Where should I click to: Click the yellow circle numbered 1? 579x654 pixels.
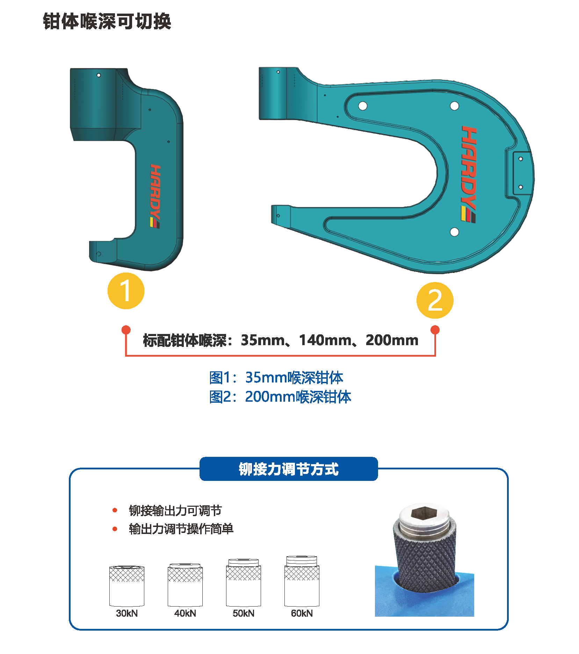pyautogui.click(x=126, y=291)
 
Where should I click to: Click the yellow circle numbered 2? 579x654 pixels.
pyautogui.click(x=435, y=300)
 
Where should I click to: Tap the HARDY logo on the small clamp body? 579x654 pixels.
pyautogui.click(x=155, y=196)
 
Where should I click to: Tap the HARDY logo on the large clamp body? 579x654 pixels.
pyautogui.click(x=469, y=174)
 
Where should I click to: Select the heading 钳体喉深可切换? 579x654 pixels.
pyautogui.click(x=107, y=21)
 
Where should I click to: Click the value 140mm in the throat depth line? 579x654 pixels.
pyautogui.click(x=325, y=340)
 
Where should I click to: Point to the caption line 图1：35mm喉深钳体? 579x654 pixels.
pyautogui.click(x=276, y=378)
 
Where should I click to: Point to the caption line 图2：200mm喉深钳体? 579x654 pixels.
pyautogui.click(x=280, y=397)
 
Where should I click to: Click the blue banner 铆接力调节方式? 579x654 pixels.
pyautogui.click(x=289, y=469)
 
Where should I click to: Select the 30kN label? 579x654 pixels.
pyautogui.click(x=127, y=613)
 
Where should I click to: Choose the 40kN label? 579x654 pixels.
pyautogui.click(x=185, y=613)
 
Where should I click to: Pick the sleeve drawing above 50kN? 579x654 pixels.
pyautogui.click(x=244, y=582)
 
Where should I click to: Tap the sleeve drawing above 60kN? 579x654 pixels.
pyautogui.click(x=302, y=581)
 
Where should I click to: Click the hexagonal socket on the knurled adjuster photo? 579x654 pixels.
pyautogui.click(x=423, y=513)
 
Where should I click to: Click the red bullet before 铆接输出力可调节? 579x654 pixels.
pyautogui.click(x=115, y=510)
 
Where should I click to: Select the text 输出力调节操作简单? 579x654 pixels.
pyautogui.click(x=181, y=529)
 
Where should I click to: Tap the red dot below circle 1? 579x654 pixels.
pyautogui.click(x=126, y=330)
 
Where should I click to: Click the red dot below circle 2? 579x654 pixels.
pyautogui.click(x=435, y=330)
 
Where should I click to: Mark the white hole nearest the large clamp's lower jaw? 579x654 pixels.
pyautogui.click(x=454, y=232)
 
